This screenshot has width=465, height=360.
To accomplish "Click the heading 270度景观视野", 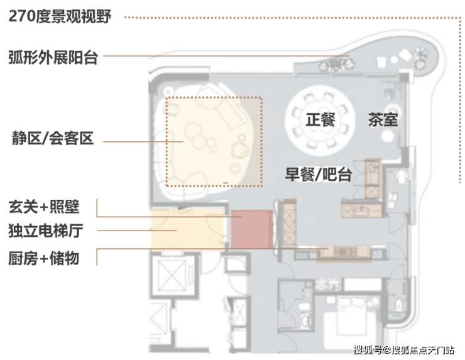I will (x=60, y=17).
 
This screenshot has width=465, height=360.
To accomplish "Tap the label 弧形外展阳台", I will (x=54, y=57).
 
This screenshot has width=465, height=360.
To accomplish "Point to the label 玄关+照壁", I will (x=44, y=206).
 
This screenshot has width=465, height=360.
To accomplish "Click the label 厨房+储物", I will (x=44, y=256).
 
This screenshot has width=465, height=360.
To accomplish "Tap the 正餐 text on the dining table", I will (x=320, y=120).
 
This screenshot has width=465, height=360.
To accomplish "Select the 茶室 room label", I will (x=383, y=119).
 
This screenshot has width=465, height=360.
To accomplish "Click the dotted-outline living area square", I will (x=213, y=141).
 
